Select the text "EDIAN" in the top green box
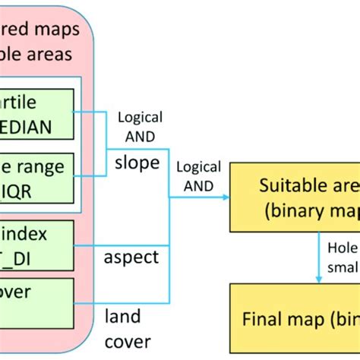click(27, 128)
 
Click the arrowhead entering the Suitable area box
click(226, 197)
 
